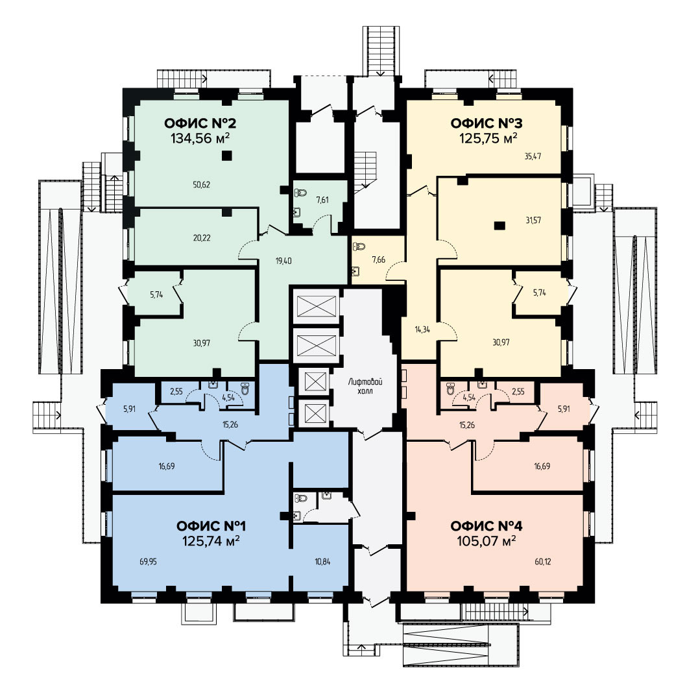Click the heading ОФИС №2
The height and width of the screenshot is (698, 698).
tap(200, 123)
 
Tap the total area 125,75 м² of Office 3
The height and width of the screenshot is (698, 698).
tap(488, 138)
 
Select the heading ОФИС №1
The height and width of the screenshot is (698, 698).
tap(211, 526)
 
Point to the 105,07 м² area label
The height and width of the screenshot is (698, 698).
tap(486, 541)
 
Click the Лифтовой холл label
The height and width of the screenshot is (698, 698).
tap(365, 387)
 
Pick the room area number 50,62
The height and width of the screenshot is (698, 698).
tap(202, 185)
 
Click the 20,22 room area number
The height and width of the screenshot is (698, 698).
tap(202, 237)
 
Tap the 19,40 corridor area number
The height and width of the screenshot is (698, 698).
tap(283, 261)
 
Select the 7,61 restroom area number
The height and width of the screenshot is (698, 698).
tap(322, 200)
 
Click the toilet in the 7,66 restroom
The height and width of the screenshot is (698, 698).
tap(359, 246)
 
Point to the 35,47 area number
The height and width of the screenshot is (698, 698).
tap(533, 156)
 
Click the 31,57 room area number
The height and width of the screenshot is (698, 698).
tap(533, 220)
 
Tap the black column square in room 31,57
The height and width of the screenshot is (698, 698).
tap(499, 225)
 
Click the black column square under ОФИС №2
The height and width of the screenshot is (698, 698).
tap(227, 155)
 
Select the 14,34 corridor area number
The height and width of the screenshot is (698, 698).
tap(422, 330)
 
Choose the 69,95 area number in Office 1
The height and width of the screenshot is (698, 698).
tap(149, 562)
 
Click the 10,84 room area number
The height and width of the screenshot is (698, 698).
tap(323, 562)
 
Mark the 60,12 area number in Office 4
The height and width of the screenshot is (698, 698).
tap(543, 562)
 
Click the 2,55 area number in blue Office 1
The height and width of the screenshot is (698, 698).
tap(176, 392)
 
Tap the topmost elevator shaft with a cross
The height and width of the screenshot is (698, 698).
tap(317, 306)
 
